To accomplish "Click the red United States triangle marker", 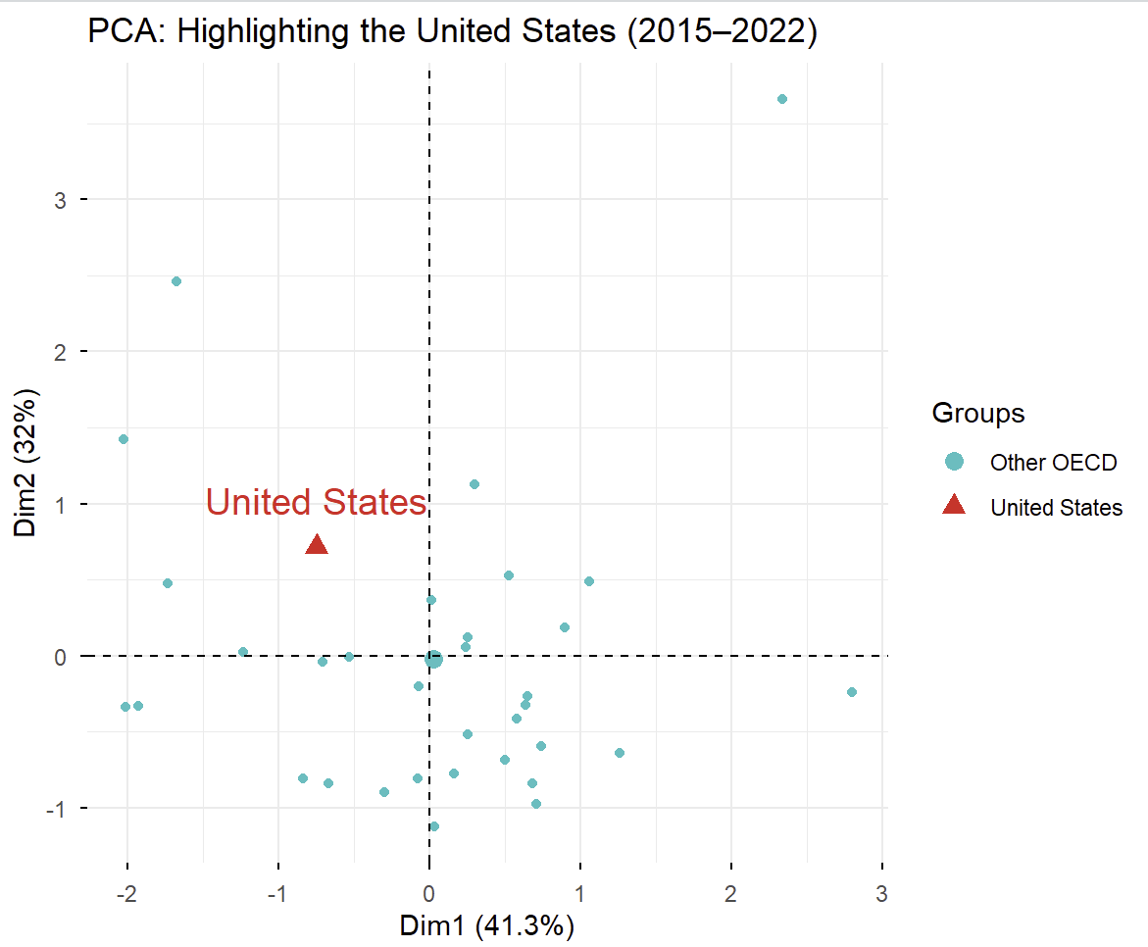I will coord(317,545).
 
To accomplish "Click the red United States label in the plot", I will coord(317,503).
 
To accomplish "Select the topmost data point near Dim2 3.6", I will coord(781,99).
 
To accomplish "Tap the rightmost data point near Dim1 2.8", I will coord(851,692).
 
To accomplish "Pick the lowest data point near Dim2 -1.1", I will coord(434,826).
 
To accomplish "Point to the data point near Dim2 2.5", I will coord(176,281).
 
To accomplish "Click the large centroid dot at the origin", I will coord(433,660).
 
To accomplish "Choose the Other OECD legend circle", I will coord(953,461).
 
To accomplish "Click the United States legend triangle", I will coord(953,506).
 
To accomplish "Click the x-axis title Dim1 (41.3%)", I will coord(486,925).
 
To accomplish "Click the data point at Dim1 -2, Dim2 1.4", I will coord(124,439).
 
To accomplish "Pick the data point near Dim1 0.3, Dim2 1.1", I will coord(474,484).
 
